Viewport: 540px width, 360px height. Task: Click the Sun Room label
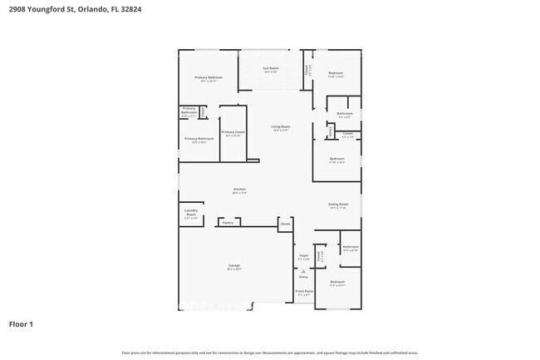click(271, 68)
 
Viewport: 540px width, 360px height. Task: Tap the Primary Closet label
click(233, 132)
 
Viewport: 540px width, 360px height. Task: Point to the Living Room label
click(279, 126)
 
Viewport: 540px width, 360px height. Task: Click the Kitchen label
click(239, 190)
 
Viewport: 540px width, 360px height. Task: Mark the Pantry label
click(227, 223)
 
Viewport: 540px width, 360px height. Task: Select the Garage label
click(234, 266)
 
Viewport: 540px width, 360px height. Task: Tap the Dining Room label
click(338, 205)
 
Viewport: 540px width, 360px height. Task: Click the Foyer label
click(303, 256)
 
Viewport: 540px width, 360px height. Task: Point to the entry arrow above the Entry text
click(303, 270)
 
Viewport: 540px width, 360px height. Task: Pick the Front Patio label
click(304, 292)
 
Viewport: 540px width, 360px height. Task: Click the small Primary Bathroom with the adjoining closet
click(189, 111)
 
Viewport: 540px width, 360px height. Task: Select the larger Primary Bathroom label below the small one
click(199, 139)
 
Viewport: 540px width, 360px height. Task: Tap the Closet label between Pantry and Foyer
click(285, 224)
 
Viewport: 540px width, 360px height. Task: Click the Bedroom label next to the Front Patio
click(336, 282)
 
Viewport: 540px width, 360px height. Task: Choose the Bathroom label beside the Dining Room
click(351, 247)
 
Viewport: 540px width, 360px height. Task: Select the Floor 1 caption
click(21, 323)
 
